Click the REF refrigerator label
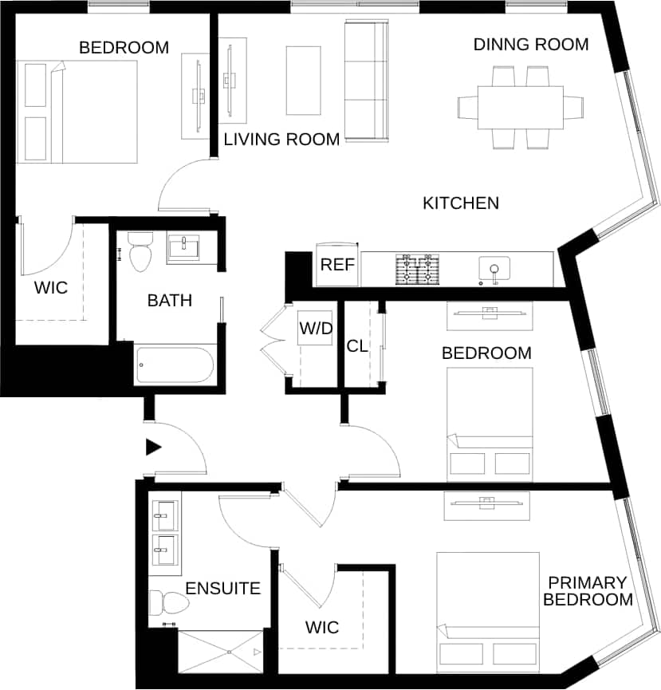[336, 265]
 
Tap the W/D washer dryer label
[315, 328]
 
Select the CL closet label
[356, 346]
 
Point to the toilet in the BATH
[140, 251]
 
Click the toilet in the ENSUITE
[168, 602]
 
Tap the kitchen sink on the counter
[494, 269]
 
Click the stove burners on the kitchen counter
[419, 269]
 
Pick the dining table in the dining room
[521, 107]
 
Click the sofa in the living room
[365, 81]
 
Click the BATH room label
[169, 301]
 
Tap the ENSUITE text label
[222, 589]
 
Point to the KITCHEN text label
[460, 203]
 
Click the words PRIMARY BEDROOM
[588, 591]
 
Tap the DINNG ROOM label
[531, 44]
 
